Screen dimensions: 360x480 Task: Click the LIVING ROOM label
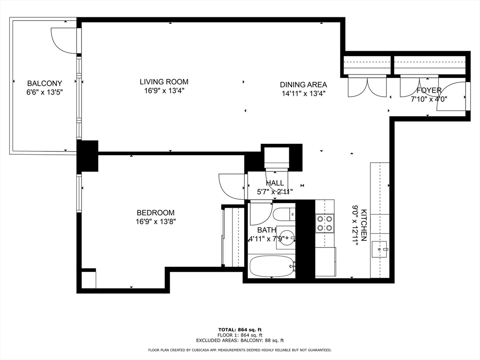point(164,82)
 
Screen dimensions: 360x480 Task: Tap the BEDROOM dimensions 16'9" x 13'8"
point(155,221)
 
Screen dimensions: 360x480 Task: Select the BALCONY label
point(44,83)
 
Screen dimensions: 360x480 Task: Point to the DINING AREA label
point(303,84)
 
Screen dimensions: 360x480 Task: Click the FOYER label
point(428,90)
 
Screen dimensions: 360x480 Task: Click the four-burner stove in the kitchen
point(324,223)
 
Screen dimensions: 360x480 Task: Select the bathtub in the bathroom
point(271,266)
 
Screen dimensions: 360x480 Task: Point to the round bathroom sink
point(285,237)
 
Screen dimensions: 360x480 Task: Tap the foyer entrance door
point(451,97)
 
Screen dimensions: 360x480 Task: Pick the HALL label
point(275,183)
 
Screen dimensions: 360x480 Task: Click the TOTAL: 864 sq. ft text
point(240,329)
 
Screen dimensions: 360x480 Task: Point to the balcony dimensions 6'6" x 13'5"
point(44,92)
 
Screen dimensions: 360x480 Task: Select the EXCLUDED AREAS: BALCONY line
point(240,340)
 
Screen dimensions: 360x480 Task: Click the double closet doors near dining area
point(367,86)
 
